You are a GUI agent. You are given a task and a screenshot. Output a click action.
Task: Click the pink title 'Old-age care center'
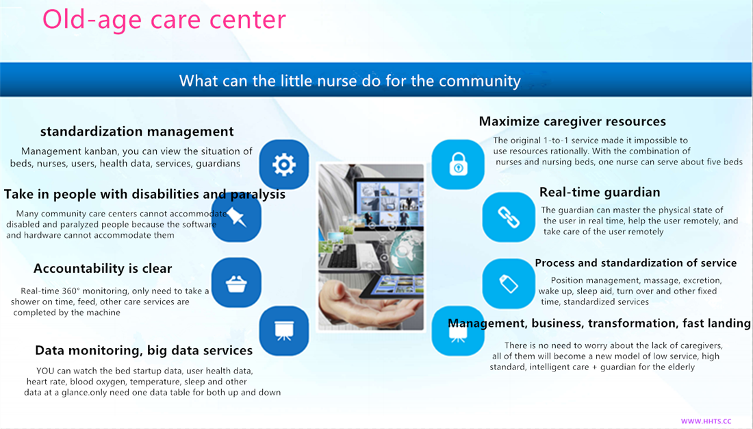click(x=164, y=20)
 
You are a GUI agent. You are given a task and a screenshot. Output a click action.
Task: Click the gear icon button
click(x=284, y=164)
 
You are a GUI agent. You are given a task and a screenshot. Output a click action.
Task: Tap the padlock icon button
click(x=458, y=164)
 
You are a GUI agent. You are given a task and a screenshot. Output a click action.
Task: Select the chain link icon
click(x=508, y=217)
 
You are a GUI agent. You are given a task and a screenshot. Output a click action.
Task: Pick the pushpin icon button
click(x=236, y=217)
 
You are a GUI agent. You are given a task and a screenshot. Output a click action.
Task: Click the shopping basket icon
click(x=236, y=283)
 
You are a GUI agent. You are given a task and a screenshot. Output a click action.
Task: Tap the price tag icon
click(x=508, y=283)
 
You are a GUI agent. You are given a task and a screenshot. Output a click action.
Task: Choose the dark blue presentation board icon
click(x=284, y=331)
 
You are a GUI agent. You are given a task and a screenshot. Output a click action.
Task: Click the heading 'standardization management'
click(x=137, y=132)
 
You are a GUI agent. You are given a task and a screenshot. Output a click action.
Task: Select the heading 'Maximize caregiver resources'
click(x=572, y=121)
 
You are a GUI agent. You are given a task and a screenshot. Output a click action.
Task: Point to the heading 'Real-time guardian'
click(x=600, y=192)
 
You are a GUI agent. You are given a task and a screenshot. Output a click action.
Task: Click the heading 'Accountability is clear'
click(x=103, y=269)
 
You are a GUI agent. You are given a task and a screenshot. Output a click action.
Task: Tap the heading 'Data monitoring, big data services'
click(x=144, y=350)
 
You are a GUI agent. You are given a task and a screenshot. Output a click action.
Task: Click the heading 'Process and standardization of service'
click(x=636, y=262)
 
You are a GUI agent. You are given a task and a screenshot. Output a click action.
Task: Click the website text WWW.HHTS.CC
click(x=706, y=421)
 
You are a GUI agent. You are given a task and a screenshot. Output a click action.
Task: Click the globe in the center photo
click(x=407, y=249)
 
